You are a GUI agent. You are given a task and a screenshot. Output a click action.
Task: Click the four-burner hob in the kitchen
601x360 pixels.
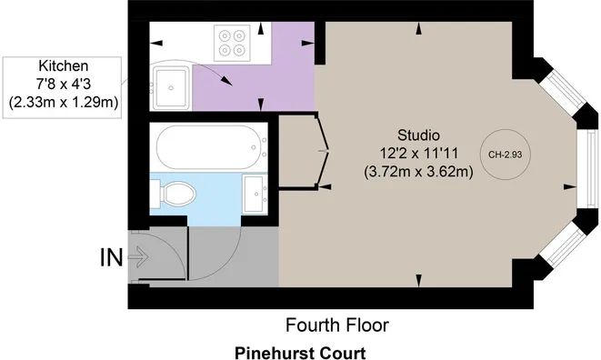click(232, 43)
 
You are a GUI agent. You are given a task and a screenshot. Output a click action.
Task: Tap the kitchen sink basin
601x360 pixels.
click(171, 88)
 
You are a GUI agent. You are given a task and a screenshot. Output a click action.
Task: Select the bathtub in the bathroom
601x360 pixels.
click(212, 147)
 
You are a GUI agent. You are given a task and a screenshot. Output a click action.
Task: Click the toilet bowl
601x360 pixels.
click(174, 194)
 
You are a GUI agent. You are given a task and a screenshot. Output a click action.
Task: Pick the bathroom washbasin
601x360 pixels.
click(255, 194)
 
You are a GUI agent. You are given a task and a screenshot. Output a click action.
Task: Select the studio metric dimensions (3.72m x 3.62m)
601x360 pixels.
click(418, 172)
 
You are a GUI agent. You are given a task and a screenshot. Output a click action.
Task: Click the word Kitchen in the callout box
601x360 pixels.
click(64, 66)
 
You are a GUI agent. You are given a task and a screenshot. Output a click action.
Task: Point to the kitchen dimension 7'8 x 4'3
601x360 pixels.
click(64, 84)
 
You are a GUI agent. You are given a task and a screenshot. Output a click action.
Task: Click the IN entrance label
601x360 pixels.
click(111, 257)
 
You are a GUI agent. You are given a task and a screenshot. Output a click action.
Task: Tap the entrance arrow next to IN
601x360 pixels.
click(139, 256)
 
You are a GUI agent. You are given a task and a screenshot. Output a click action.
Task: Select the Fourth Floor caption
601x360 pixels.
click(337, 325)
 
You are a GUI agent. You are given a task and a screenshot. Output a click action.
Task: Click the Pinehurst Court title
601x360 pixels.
click(300, 353)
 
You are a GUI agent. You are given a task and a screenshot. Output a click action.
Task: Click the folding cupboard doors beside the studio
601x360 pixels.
click(323, 152)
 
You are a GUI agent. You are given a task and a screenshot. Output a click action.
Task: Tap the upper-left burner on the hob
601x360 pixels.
click(225, 35)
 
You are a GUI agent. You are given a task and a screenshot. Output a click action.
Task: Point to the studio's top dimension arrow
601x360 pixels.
click(419, 28)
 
